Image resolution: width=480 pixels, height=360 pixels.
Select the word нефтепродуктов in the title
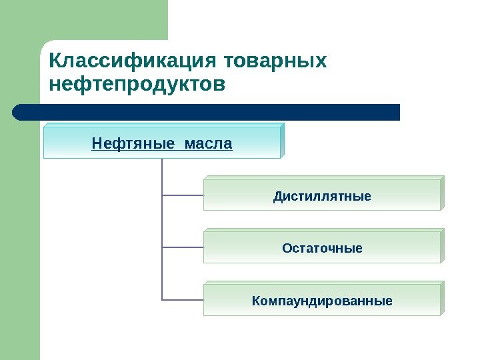pos(138,85)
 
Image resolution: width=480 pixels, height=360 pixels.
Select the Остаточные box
pos(322,249)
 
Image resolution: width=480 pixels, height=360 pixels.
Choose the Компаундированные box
pos(322,301)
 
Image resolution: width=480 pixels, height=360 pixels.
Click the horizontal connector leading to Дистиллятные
pos(183,195)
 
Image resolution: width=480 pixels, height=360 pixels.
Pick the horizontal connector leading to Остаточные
pos(183,247)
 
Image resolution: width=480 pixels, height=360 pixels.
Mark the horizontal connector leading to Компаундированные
pos(183,299)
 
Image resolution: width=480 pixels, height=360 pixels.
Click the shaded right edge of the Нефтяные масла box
pos(282,140)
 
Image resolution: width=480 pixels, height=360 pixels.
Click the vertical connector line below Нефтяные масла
pos(162,220)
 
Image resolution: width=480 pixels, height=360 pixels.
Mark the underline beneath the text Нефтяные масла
pos(162,151)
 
